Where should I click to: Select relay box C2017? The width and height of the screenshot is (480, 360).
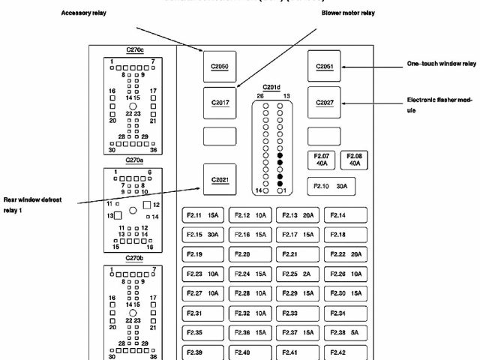219,103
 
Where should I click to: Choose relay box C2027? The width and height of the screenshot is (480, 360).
324,103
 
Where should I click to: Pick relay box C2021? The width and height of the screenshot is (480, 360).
219,180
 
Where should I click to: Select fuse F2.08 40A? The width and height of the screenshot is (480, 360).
355,159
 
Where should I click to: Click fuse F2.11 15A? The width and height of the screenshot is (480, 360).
202,216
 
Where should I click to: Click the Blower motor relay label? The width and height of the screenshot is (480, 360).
348,12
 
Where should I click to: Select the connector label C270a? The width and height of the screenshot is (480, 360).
134,160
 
